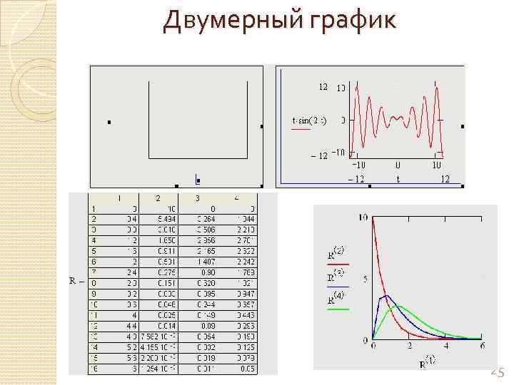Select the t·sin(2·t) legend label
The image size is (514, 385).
tap(310, 120)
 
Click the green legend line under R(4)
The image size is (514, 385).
tap(338, 309)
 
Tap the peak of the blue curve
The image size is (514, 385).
tap(386, 295)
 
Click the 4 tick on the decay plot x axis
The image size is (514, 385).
tap(446, 346)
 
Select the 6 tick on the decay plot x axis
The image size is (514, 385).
tap(483, 346)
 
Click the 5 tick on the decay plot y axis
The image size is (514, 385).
tap(366, 279)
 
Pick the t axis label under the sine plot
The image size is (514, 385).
tap(398, 179)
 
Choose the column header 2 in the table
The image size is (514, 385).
tap(158, 197)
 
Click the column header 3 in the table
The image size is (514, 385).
tap(198, 197)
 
